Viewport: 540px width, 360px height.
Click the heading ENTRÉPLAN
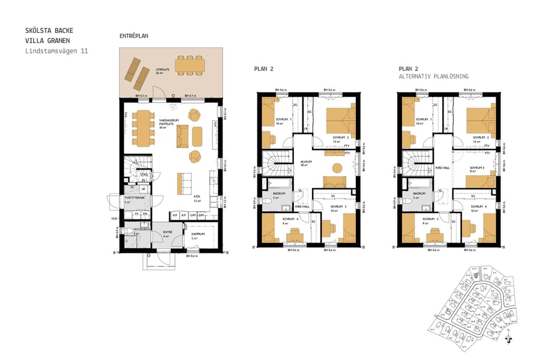point(134,36)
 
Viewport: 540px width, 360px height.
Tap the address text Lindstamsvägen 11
point(56,52)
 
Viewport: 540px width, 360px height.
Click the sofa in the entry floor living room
point(182,136)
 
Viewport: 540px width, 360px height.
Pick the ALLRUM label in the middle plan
point(306,161)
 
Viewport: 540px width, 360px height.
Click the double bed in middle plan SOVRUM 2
point(340,118)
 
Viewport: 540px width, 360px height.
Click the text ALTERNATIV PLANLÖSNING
point(434,77)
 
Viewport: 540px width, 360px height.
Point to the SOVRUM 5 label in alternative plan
point(430,220)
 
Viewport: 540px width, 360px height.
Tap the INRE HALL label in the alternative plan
point(442,167)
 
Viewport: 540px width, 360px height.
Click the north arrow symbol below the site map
point(509,339)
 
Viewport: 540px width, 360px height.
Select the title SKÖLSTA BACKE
point(50,30)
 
